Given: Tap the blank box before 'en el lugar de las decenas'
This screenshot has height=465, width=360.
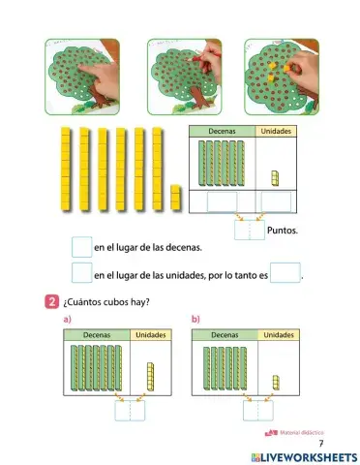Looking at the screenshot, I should pos(81,248).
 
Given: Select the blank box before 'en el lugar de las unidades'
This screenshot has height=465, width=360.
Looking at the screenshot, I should pos(81,275).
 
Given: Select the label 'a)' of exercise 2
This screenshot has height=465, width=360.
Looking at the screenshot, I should pos(68,319).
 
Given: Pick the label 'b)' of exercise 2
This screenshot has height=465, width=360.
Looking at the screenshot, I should pos(195,319).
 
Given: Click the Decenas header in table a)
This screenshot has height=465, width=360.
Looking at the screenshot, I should pos(96,335).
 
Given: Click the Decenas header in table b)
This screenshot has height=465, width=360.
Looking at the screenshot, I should pos(225,335).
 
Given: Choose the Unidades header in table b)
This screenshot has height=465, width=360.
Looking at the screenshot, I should pos(279,335).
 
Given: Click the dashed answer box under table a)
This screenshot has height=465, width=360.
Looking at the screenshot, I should pos(128,412).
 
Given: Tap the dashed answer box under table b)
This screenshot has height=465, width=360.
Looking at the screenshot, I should pos(255,412).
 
